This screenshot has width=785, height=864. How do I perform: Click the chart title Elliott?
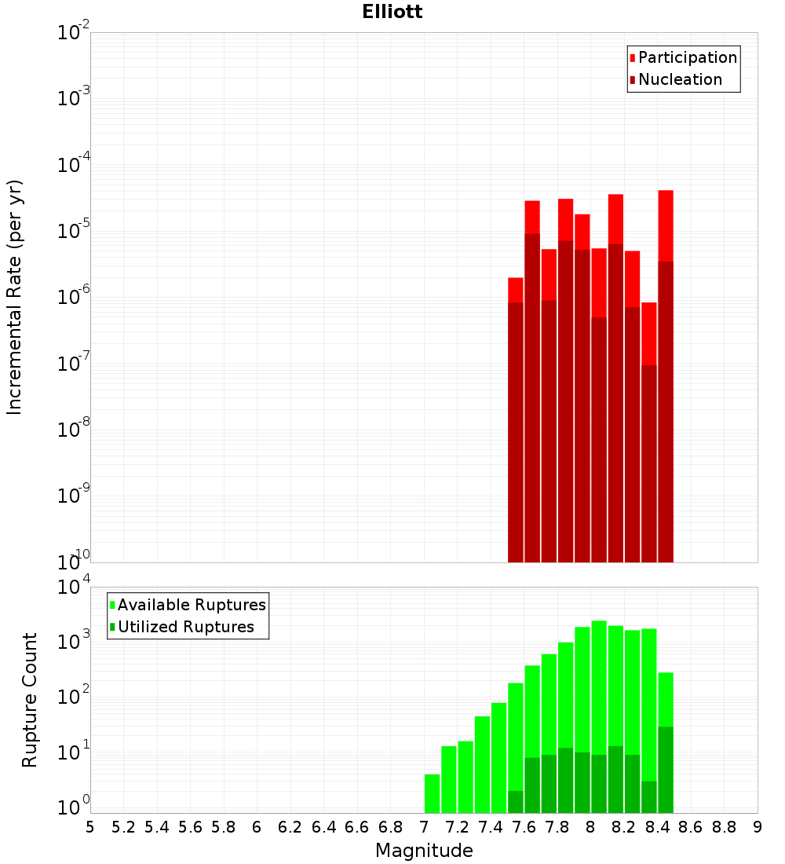(x=392, y=12)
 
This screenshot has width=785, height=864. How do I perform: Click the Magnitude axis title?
(x=424, y=851)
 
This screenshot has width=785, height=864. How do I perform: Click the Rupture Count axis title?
(x=30, y=700)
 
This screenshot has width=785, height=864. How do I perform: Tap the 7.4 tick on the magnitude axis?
(x=491, y=827)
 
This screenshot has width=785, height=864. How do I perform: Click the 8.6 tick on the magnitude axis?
(x=691, y=827)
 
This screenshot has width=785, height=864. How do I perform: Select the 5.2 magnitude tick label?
(x=123, y=827)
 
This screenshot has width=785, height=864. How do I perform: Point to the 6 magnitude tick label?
(x=257, y=827)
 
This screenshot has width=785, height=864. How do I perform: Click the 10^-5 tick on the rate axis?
(x=73, y=230)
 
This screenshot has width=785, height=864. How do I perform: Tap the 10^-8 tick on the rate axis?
(x=73, y=429)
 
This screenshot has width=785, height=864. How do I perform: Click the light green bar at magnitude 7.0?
(x=432, y=793)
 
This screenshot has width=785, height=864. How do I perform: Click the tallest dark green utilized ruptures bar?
(x=666, y=770)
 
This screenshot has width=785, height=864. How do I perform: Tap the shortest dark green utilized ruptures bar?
(x=516, y=802)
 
